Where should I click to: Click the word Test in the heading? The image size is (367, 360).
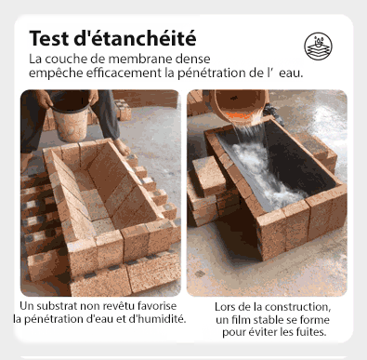(x=51, y=39)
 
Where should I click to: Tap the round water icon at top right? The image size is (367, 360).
(x=318, y=46)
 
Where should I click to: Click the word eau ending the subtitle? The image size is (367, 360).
(x=315, y=73)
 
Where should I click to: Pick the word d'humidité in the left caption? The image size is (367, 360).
(x=157, y=319)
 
